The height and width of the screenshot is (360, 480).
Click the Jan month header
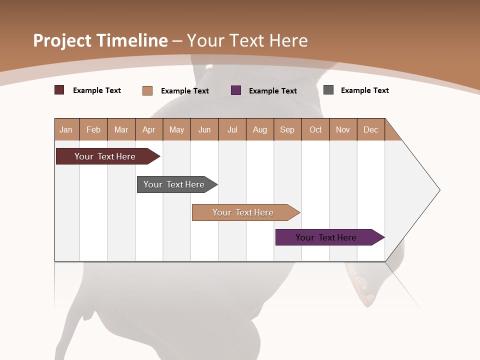(x=66, y=129)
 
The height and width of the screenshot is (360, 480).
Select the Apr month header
(x=149, y=129)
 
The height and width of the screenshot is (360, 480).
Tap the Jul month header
(x=232, y=129)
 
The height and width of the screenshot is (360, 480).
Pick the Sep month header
(x=287, y=129)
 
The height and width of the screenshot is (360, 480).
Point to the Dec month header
(x=370, y=129)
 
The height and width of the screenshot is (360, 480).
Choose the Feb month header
(x=93, y=129)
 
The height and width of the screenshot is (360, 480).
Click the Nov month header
(x=343, y=129)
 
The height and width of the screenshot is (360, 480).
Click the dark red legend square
(x=59, y=90)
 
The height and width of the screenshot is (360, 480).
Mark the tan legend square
(x=147, y=90)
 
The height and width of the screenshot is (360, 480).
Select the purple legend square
(x=236, y=90)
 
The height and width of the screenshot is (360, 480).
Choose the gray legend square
(x=328, y=90)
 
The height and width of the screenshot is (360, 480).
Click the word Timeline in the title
(x=131, y=40)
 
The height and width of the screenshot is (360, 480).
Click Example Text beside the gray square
(x=364, y=90)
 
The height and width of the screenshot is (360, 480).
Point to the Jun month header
(x=204, y=129)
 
